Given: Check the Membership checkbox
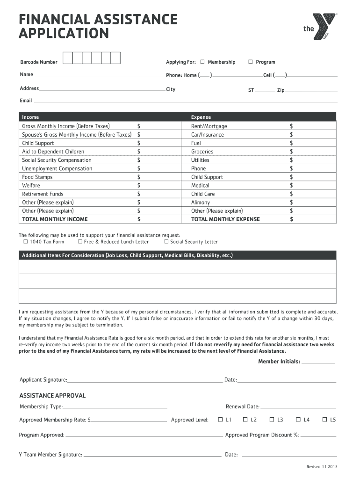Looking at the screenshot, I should coord(202,62).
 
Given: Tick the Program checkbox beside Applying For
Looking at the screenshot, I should coord(251,62).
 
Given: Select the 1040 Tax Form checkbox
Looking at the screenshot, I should coord(26,242).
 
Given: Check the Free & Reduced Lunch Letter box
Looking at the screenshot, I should coord(80,242).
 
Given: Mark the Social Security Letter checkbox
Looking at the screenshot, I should coord(166,242).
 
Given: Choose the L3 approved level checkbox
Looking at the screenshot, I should coord(272,420).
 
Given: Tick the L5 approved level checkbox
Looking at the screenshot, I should coord(324,420).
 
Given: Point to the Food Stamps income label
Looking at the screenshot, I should coord(37,177).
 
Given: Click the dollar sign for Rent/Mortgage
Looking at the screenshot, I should coord(291,126).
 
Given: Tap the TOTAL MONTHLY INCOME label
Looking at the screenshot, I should coord(55,219).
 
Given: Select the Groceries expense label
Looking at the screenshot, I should coord(202,152).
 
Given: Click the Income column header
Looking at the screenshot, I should coord(30,117).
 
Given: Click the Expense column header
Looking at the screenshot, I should coord(201,117).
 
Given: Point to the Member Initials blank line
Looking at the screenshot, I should coord(318,362).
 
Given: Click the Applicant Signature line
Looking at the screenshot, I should coord(145,380).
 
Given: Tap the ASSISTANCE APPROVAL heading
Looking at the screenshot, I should coord(52,396).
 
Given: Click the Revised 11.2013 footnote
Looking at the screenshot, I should coord(322,467).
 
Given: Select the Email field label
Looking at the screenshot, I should coord(26,101).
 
